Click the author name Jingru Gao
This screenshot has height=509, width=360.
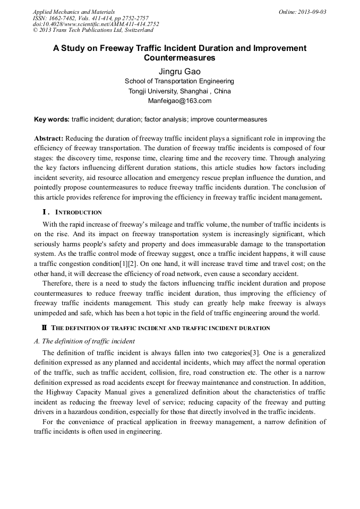pyautogui.click(x=179, y=71)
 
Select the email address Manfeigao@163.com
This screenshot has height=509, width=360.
pyautogui.click(x=179, y=101)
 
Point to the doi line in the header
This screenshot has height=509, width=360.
pyautogui.click(x=96, y=24)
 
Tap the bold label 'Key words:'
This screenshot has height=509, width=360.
pyautogui.click(x=52, y=119)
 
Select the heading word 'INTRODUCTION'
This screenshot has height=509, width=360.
pyautogui.click(x=79, y=213)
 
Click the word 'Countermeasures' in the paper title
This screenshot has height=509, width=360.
pyautogui.click(x=179, y=57)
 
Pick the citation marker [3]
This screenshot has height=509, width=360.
pyautogui.click(x=255, y=353)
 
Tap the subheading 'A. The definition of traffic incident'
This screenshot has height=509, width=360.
pyautogui.click(x=84, y=341)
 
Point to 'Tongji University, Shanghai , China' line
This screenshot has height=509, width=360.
pyautogui.click(x=179, y=91)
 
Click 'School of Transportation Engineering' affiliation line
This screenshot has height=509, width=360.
pyautogui.click(x=179, y=81)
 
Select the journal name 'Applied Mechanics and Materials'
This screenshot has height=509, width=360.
pyautogui.click(x=73, y=12)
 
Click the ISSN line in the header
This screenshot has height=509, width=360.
pyautogui.click(x=90, y=18)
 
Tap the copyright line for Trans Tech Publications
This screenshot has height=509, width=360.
pyautogui.click(x=93, y=31)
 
